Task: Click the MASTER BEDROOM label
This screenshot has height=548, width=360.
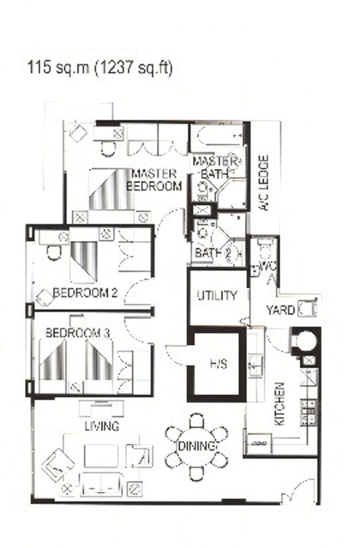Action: click(x=154, y=180)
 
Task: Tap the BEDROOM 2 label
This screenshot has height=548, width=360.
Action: click(x=85, y=293)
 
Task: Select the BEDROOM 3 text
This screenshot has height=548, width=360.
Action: click(x=78, y=333)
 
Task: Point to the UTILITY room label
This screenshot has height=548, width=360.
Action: click(x=217, y=296)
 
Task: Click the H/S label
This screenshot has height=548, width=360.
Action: click(x=218, y=364)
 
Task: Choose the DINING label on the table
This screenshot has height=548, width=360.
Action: click(x=197, y=446)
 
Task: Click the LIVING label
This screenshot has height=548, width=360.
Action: click(x=102, y=426)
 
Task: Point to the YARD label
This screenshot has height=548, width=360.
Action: click(x=281, y=310)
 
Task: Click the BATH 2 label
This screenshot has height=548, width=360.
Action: click(x=213, y=253)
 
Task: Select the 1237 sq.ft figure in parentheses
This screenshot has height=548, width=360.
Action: click(x=134, y=68)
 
